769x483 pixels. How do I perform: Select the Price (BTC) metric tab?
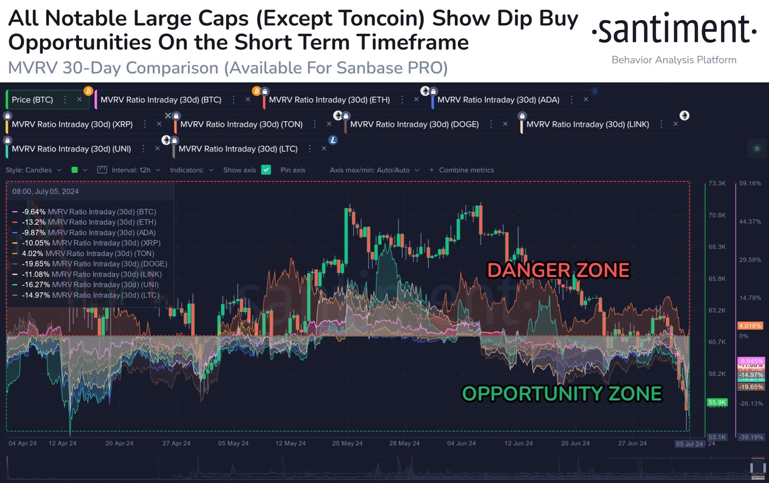point(33,100)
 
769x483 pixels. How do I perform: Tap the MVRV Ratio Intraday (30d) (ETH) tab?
point(329,100)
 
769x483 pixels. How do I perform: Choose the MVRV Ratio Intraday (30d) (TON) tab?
point(241,124)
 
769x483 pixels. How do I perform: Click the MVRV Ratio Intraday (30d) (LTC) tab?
point(238,149)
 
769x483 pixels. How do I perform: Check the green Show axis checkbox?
point(266,170)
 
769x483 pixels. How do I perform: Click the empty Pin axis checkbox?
point(315,170)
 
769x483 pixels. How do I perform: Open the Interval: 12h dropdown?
point(131,170)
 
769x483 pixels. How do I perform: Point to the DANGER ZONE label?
point(558,270)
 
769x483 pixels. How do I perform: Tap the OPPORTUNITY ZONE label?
point(562,394)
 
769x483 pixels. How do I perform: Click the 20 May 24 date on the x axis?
point(347,443)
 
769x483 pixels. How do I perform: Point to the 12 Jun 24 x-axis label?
point(518,443)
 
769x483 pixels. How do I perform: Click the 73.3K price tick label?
point(717,183)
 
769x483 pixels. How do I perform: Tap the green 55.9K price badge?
point(717,402)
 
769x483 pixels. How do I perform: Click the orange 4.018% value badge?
point(750,326)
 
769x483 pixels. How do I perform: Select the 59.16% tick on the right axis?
point(750,183)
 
